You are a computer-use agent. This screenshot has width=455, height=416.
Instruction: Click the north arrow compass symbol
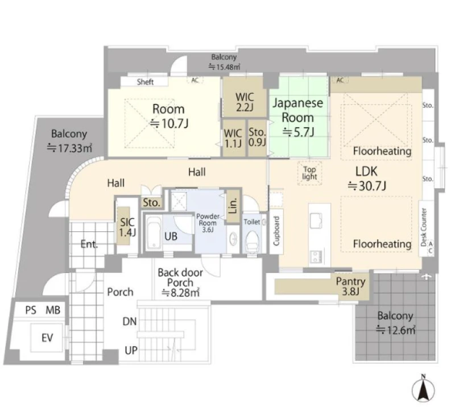click(423, 389)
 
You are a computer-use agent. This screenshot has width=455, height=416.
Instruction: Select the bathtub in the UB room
click(152, 232)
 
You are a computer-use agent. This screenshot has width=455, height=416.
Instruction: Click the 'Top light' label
click(309, 173)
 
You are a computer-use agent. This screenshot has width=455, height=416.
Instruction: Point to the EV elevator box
click(47, 338)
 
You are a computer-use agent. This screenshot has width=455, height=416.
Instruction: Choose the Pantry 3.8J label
click(350, 286)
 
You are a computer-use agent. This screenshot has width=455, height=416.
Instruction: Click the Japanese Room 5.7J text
click(297, 118)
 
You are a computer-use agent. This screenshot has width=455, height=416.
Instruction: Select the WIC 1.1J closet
click(234, 139)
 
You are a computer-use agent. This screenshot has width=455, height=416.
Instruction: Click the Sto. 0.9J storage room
click(257, 138)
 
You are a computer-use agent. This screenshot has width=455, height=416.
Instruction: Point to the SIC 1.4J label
click(127, 227)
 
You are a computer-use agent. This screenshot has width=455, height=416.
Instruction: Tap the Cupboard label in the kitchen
click(276, 231)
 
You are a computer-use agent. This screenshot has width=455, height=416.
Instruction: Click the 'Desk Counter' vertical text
click(424, 227)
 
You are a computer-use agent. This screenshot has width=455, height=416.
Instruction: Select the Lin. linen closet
click(234, 206)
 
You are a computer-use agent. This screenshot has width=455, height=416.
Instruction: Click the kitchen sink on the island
click(316, 221)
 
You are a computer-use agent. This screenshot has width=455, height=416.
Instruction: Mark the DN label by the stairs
click(130, 322)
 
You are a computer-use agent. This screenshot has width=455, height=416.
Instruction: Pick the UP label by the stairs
click(131, 351)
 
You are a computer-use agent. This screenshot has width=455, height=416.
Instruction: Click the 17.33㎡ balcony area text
click(69, 148)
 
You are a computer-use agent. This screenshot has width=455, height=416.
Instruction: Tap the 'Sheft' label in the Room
click(145, 82)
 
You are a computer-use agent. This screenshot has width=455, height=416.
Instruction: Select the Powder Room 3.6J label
click(208, 223)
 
